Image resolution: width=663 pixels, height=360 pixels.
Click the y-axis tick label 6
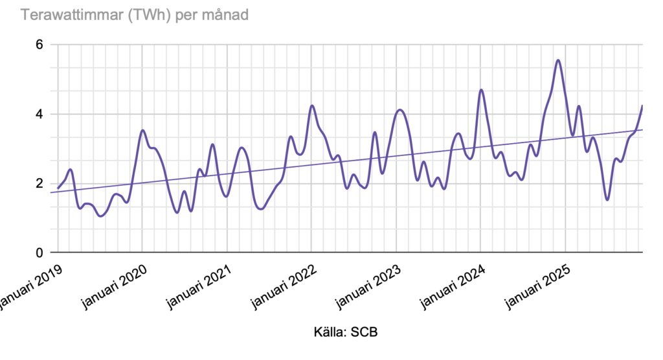(39, 45)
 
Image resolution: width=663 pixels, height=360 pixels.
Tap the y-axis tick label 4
(39, 114)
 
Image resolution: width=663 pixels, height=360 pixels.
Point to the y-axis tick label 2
(39, 183)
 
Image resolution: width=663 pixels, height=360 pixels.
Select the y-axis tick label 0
(39, 253)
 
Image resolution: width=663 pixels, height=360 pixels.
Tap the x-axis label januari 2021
(199, 281)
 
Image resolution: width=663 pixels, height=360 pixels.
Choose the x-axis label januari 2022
(284, 281)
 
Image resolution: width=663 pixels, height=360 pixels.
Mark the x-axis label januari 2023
(368, 281)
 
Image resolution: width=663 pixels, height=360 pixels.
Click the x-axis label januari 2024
(453, 281)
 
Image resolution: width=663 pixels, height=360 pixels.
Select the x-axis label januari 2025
(537, 281)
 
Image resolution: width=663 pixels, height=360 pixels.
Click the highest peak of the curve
(558, 60)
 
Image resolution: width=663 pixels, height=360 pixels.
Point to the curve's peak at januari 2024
(481, 90)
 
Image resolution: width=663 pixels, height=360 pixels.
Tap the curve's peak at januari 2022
(311, 106)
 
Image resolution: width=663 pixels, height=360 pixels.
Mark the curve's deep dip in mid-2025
(607, 199)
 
